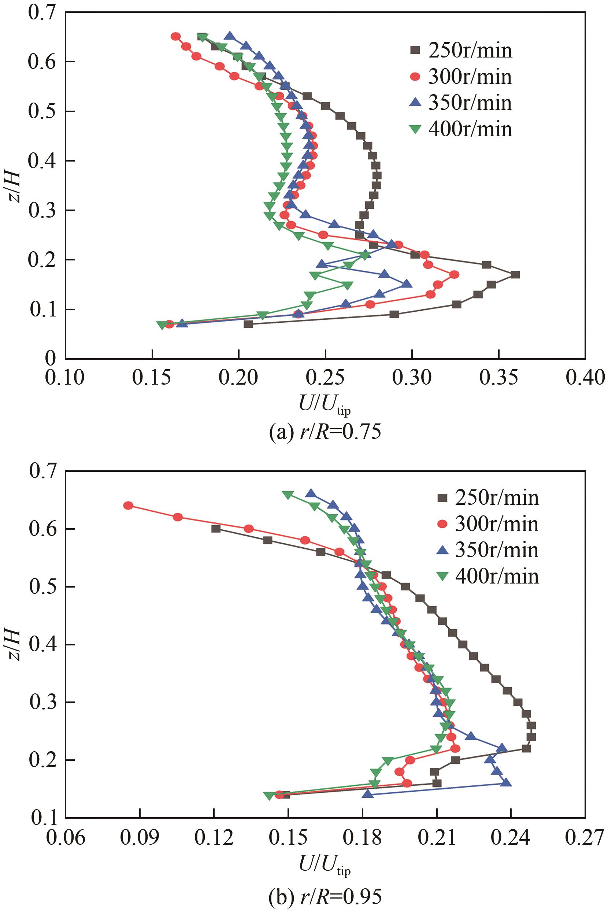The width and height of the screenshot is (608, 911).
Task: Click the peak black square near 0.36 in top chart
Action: [x=515, y=275]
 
